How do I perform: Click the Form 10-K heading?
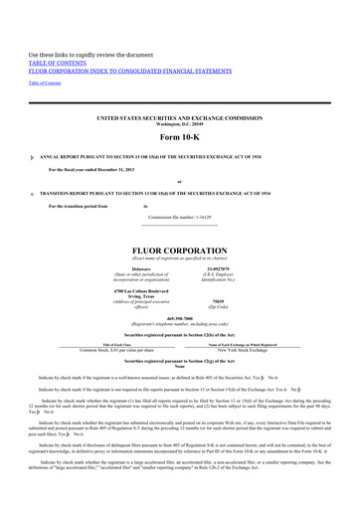point(179,136)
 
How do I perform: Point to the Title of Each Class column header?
point(108,346)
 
